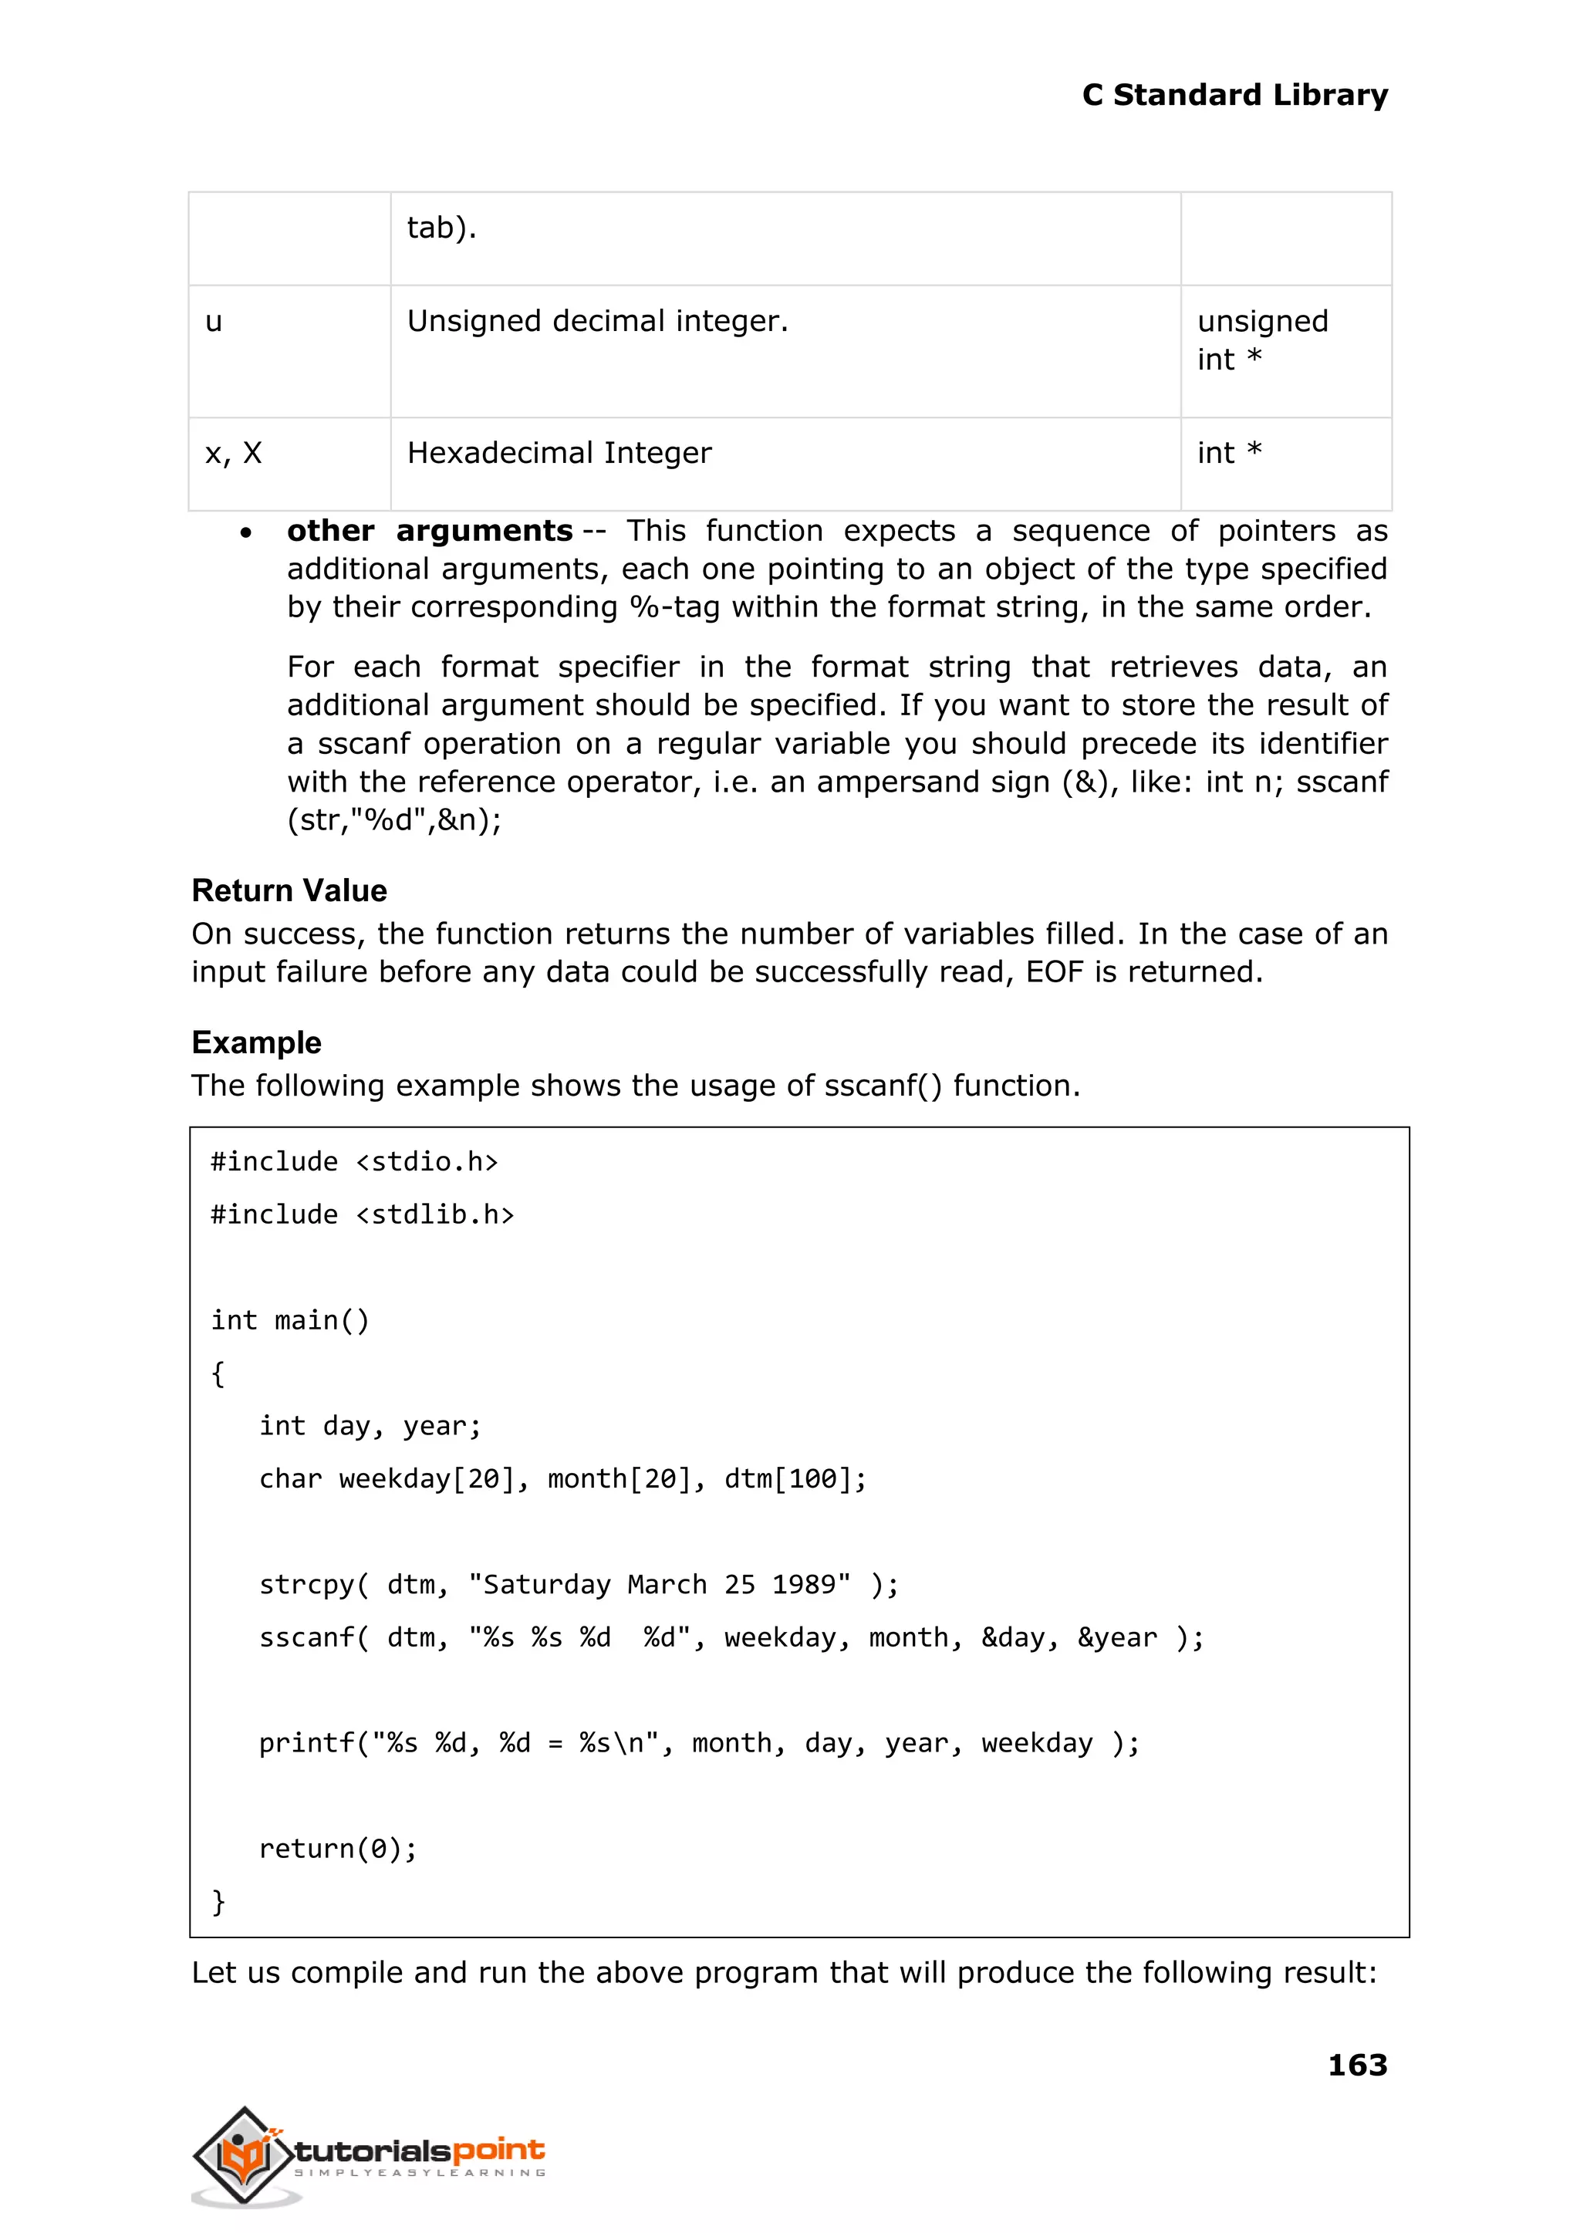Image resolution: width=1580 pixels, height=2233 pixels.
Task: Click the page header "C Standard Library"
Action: click(1234, 96)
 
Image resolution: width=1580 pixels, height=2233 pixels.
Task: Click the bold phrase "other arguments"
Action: click(429, 532)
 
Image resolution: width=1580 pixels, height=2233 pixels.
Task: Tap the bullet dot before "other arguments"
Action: click(246, 533)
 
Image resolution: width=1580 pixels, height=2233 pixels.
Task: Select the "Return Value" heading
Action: click(289, 890)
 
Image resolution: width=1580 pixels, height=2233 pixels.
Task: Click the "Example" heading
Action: click(256, 1042)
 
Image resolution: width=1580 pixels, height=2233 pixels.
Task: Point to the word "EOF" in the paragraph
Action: click(1054, 972)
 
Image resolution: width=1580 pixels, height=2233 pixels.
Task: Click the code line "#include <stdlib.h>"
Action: click(362, 1215)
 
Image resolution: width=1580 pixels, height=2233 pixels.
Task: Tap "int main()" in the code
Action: click(290, 1320)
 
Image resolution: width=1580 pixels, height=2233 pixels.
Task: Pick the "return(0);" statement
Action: click(338, 1849)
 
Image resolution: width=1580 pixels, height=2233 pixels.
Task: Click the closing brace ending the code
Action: click(218, 1901)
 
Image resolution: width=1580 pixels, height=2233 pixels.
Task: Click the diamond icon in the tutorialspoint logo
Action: click(243, 2154)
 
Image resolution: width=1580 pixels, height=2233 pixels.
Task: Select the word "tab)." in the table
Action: click(441, 228)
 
